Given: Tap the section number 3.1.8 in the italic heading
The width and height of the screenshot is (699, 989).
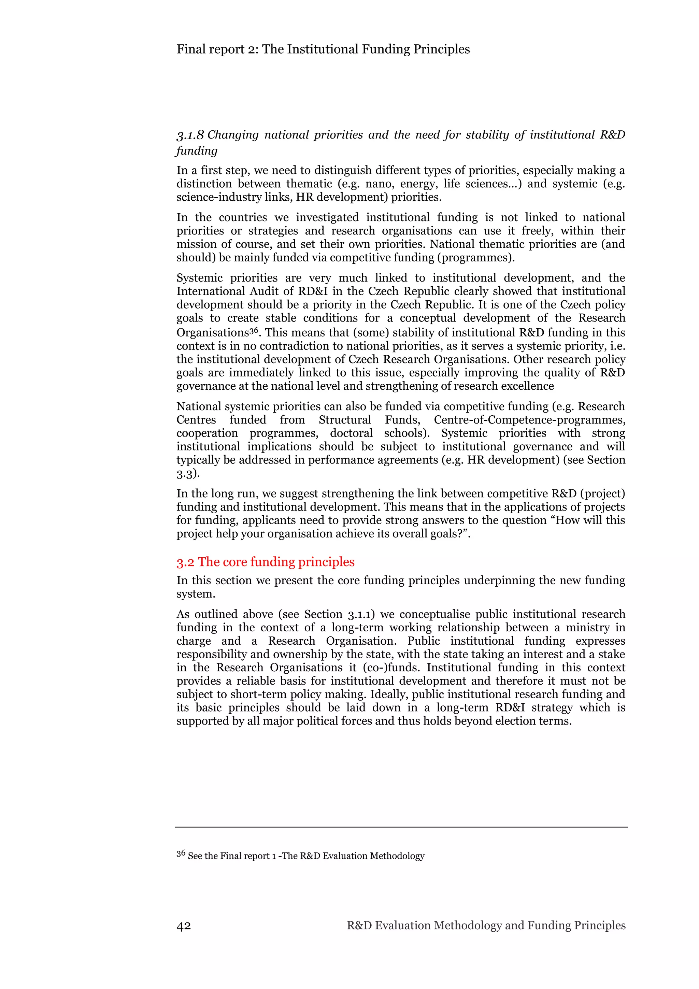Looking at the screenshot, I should point(190,135).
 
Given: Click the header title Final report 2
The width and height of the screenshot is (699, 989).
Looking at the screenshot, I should point(323,49).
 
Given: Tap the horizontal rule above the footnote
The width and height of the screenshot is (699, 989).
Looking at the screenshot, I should point(401,827).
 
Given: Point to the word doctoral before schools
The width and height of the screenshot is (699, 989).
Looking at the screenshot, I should point(351,433).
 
